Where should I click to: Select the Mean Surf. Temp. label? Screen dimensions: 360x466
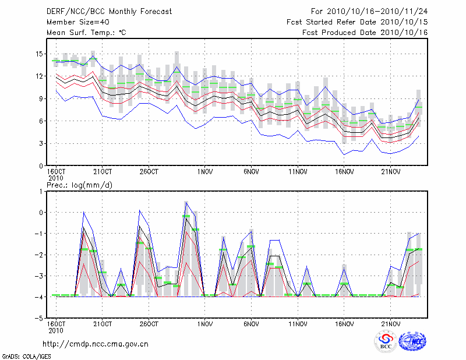[x=86, y=33]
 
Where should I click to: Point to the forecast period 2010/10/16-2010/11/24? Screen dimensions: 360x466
[x=369, y=11]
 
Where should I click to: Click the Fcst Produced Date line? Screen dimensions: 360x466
[x=365, y=33]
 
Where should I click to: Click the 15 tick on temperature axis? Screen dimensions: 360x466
[x=39, y=54]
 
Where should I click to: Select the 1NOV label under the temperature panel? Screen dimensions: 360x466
[x=204, y=172]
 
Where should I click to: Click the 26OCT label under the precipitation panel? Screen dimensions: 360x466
[x=149, y=324]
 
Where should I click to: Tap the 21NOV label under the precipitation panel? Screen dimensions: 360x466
[x=390, y=324]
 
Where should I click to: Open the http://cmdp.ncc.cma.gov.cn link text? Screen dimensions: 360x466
[x=96, y=344]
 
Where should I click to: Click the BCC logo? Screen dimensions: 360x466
[x=386, y=341]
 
